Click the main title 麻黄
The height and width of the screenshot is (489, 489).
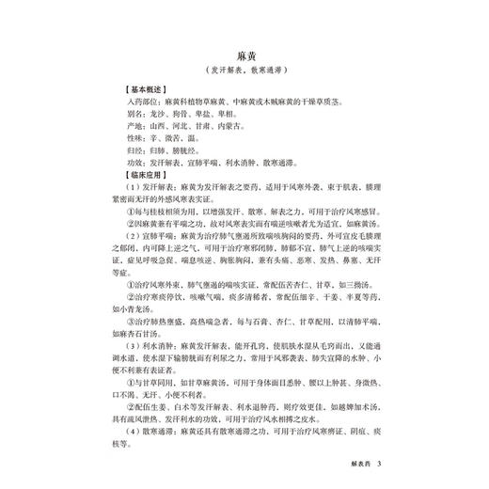(244, 56)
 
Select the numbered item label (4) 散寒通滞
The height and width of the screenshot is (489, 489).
(150, 430)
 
